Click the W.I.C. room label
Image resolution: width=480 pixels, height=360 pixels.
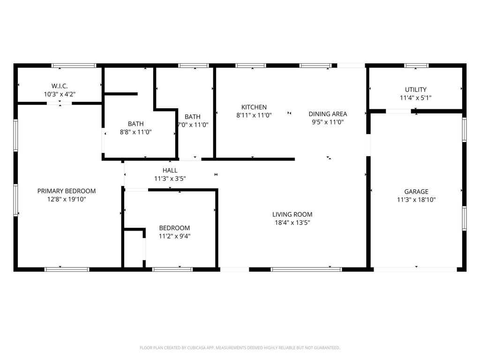pyautogui.click(x=60, y=86)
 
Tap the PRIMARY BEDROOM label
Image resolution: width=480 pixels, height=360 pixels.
pyautogui.click(x=67, y=191)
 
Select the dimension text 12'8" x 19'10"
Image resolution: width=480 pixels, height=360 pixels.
pyautogui.click(x=67, y=199)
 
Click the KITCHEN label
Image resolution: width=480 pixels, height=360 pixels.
pyautogui.click(x=254, y=107)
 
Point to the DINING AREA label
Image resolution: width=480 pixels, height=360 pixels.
pyautogui.click(x=328, y=114)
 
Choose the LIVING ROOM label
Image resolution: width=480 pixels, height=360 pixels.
pyautogui.click(x=292, y=214)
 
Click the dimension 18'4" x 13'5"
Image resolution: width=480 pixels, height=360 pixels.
pyautogui.click(x=292, y=223)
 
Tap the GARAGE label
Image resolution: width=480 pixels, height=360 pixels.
pyautogui.click(x=416, y=192)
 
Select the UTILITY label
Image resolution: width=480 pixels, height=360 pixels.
pyautogui.click(x=416, y=90)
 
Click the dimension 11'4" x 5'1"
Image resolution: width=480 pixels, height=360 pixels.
pyautogui.click(x=416, y=98)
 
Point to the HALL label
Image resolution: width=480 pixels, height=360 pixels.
pyautogui.click(x=170, y=171)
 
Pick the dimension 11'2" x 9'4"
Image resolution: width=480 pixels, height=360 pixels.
pyautogui.click(x=174, y=236)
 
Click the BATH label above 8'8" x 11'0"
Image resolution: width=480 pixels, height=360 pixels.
pyautogui.click(x=135, y=124)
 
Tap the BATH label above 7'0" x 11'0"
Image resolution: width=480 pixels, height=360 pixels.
pyautogui.click(x=193, y=117)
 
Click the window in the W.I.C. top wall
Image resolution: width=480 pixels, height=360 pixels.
pyautogui.click(x=74, y=66)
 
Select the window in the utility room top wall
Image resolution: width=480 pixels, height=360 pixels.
pyautogui.click(x=416, y=66)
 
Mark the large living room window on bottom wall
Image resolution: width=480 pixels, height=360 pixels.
pyautogui.click(x=306, y=270)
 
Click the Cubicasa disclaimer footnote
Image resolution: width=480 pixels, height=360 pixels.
pyautogui.click(x=240, y=348)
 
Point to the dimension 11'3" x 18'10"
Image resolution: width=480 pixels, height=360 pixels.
pyautogui.click(x=416, y=200)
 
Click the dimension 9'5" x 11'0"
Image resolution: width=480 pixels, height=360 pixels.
pyautogui.click(x=328, y=122)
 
